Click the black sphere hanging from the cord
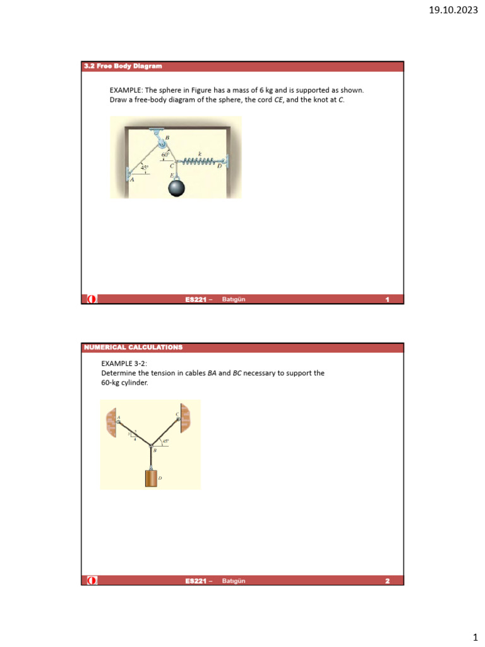click(x=176, y=188)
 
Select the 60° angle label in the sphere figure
click(x=165, y=154)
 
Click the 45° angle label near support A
click(x=145, y=167)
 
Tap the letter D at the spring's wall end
click(x=219, y=167)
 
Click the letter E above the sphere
click(x=171, y=174)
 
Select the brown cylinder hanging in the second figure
click(x=150, y=478)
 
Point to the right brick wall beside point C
click(x=186, y=419)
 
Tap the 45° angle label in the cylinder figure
click(x=165, y=441)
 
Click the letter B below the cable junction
click(x=155, y=450)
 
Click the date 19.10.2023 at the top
click(x=454, y=9)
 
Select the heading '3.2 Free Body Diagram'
click(x=123, y=66)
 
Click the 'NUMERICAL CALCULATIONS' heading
click(x=133, y=348)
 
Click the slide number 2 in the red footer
click(x=387, y=581)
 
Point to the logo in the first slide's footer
click(x=92, y=299)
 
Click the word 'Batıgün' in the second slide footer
click(x=233, y=581)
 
